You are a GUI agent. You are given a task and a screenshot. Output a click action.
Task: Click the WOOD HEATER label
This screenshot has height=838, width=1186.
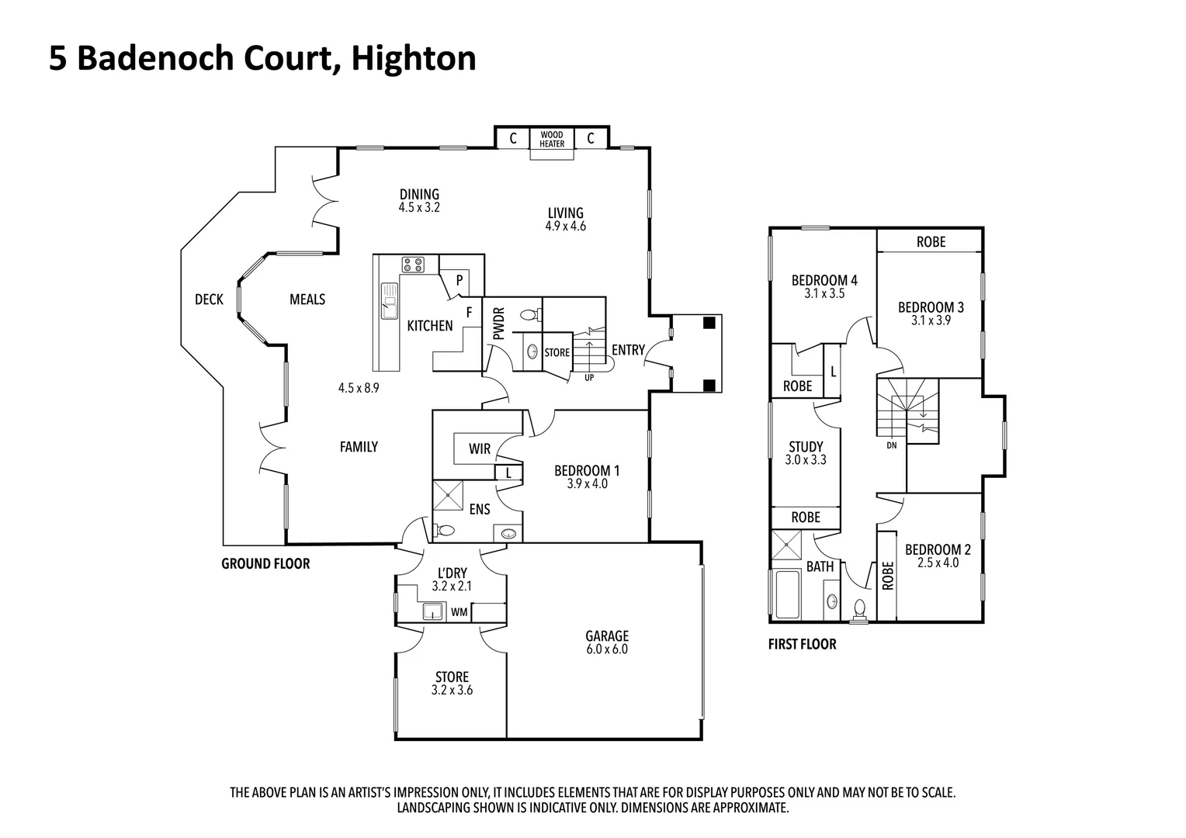point(552,140)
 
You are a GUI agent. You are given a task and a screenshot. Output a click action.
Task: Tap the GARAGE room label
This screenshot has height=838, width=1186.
point(606,636)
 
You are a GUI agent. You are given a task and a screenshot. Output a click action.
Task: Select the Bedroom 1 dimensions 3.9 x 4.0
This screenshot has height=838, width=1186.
point(587,484)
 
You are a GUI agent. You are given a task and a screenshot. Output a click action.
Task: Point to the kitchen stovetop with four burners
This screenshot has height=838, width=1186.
point(413,265)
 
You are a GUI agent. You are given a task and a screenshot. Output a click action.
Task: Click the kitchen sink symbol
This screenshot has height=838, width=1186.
point(389,300)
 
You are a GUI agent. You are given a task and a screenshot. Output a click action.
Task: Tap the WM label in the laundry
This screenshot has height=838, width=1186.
point(459,612)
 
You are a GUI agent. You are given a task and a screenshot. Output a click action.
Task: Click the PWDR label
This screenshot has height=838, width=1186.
point(498,324)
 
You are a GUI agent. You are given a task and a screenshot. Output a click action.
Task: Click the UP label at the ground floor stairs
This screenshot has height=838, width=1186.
point(589,378)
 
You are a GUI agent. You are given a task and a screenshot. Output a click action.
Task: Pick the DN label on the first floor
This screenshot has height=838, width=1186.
point(892,445)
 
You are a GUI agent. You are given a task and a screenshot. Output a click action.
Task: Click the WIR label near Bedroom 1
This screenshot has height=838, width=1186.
point(480,449)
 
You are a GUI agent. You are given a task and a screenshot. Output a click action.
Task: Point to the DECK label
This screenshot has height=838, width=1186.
point(209,300)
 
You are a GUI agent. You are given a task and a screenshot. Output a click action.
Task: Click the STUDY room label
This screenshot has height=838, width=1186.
point(806,447)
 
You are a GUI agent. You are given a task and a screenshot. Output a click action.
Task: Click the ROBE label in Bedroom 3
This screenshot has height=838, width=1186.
point(931,242)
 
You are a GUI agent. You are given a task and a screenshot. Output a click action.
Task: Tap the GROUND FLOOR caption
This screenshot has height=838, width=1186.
point(265,564)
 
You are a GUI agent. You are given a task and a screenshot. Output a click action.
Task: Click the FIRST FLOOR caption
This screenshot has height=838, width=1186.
point(802,644)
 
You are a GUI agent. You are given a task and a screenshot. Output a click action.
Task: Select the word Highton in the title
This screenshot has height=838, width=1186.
point(414,59)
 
